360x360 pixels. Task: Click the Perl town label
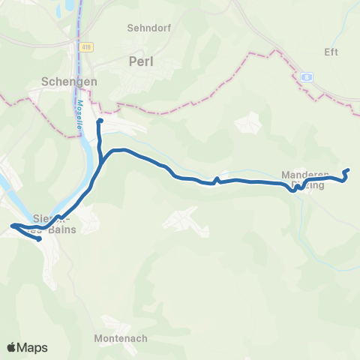coord(141,61)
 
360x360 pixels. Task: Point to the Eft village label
coord(331,52)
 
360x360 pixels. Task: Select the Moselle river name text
coord(78,115)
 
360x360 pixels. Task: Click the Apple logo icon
coord(12,348)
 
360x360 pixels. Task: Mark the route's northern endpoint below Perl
coord(100,120)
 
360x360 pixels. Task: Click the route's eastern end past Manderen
coord(347,172)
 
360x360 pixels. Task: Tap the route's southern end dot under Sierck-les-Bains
coord(38,240)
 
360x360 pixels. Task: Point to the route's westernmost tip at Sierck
coord(12,225)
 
